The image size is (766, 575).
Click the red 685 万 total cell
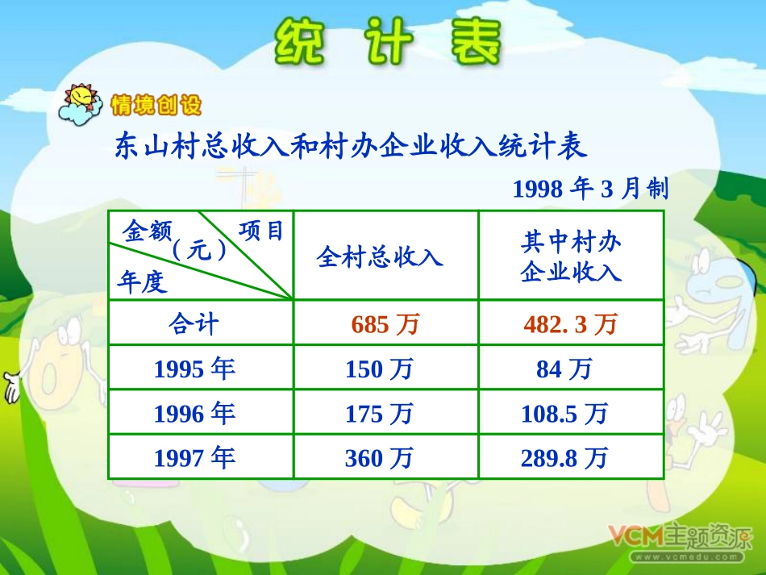[385, 324]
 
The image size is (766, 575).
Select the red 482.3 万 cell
[570, 324]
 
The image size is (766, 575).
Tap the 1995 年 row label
[194, 369]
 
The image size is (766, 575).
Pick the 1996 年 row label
[194, 414]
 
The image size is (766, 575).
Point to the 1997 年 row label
[194, 458]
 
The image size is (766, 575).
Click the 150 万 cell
[379, 369]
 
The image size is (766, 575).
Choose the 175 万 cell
[379, 414]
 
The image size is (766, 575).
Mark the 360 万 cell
[379, 458]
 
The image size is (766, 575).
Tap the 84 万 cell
[564, 369]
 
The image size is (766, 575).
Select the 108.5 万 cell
[564, 414]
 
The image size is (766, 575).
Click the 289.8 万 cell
[564, 458]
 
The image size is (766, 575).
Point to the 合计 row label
[194, 324]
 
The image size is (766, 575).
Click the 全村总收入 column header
[380, 256]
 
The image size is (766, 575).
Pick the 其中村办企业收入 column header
[571, 256]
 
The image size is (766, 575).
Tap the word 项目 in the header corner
[262, 231]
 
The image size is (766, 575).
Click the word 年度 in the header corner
[142, 281]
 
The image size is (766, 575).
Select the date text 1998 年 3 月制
[590, 189]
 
